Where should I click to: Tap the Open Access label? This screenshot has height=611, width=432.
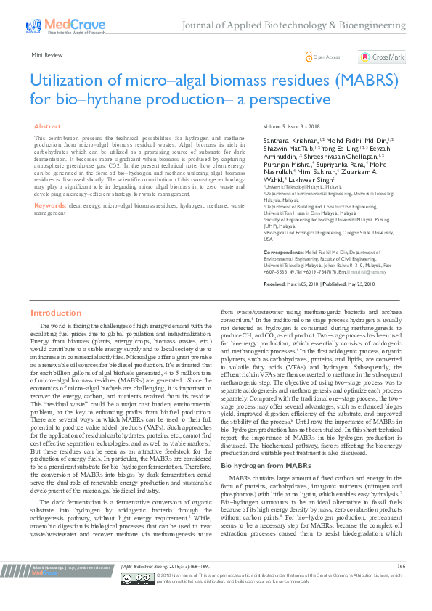coord(326,57)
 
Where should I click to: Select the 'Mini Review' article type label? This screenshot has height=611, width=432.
coord(46,54)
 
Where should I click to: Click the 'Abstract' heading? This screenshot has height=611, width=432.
coord(48,126)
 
